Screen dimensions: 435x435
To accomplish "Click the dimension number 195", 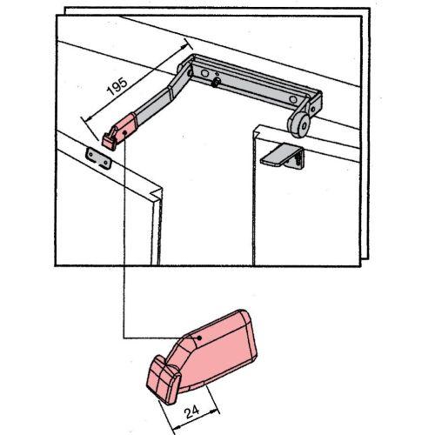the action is pos(117,86).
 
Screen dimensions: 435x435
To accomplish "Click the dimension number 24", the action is pos(192,412).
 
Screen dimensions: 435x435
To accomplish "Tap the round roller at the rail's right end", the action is pos(299,124).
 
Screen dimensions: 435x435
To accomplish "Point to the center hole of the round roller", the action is pos(304,126).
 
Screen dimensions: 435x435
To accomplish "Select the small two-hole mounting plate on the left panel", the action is pos(98,158).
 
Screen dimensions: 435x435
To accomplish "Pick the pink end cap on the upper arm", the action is pos(119,132).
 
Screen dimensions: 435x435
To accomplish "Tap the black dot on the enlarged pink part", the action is pos(199,338).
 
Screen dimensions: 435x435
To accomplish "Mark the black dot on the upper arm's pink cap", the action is pos(124,132).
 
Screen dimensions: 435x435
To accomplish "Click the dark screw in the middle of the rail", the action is pos(216,83).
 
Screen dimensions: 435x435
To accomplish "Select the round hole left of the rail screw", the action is pos(204,73).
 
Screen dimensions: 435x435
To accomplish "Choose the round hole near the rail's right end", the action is pos(293,100).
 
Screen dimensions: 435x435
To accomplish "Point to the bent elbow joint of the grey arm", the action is pos(171,90).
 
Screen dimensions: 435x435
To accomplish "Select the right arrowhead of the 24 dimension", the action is pos(214,411).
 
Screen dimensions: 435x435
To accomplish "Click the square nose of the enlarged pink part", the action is pos(164,380).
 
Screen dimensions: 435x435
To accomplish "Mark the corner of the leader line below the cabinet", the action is pos(124,338).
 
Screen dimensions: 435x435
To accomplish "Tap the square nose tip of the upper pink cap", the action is pos(109,142).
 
